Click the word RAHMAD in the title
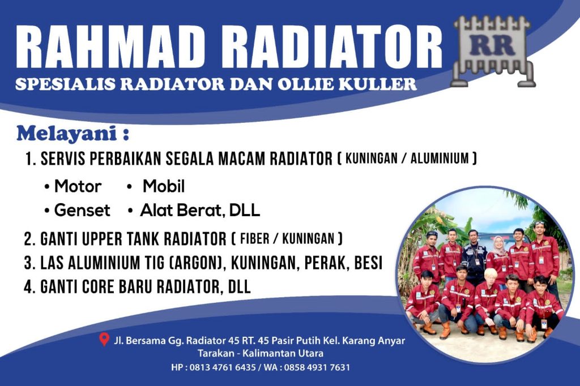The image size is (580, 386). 110,47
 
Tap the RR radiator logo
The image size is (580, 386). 493,51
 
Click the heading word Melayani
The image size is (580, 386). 67,134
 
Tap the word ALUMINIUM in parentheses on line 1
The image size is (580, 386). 440,158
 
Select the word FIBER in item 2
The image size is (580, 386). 254,238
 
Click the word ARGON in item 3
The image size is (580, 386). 196,263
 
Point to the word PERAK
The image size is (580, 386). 326,263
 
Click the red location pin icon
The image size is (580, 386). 105,340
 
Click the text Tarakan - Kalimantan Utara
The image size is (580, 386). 261,353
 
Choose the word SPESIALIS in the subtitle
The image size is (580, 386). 65,84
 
